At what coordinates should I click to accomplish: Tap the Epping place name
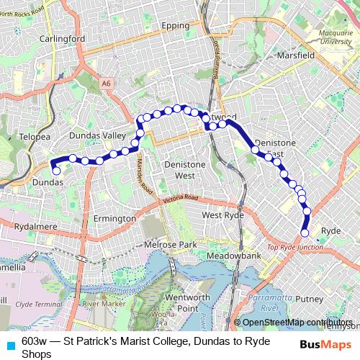point(175,25)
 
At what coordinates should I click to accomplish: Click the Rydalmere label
point(35,226)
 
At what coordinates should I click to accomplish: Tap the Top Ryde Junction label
point(295,247)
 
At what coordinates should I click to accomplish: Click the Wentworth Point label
point(187,302)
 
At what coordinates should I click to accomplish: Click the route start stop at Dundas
point(57,171)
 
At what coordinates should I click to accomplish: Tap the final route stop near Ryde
point(305,233)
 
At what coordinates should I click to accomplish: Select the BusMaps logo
point(325,344)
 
